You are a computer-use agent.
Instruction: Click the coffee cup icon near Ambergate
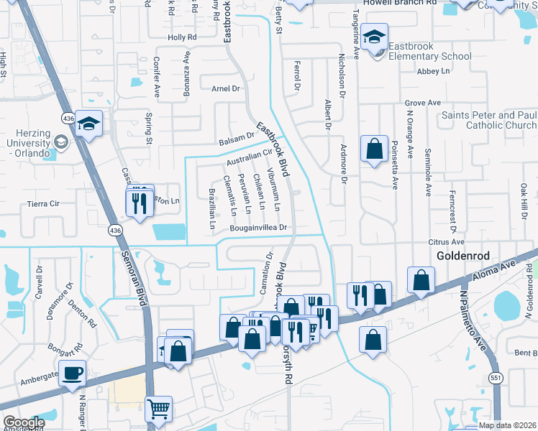point(73,374)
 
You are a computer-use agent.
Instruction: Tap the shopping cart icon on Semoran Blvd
point(158,409)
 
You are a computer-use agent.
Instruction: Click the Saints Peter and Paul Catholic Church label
point(488,120)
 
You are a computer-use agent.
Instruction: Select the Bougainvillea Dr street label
point(259,228)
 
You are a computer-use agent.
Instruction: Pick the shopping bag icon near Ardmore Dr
point(375,149)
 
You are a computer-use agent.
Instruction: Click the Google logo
point(23,422)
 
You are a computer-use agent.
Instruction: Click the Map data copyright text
point(507,425)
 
